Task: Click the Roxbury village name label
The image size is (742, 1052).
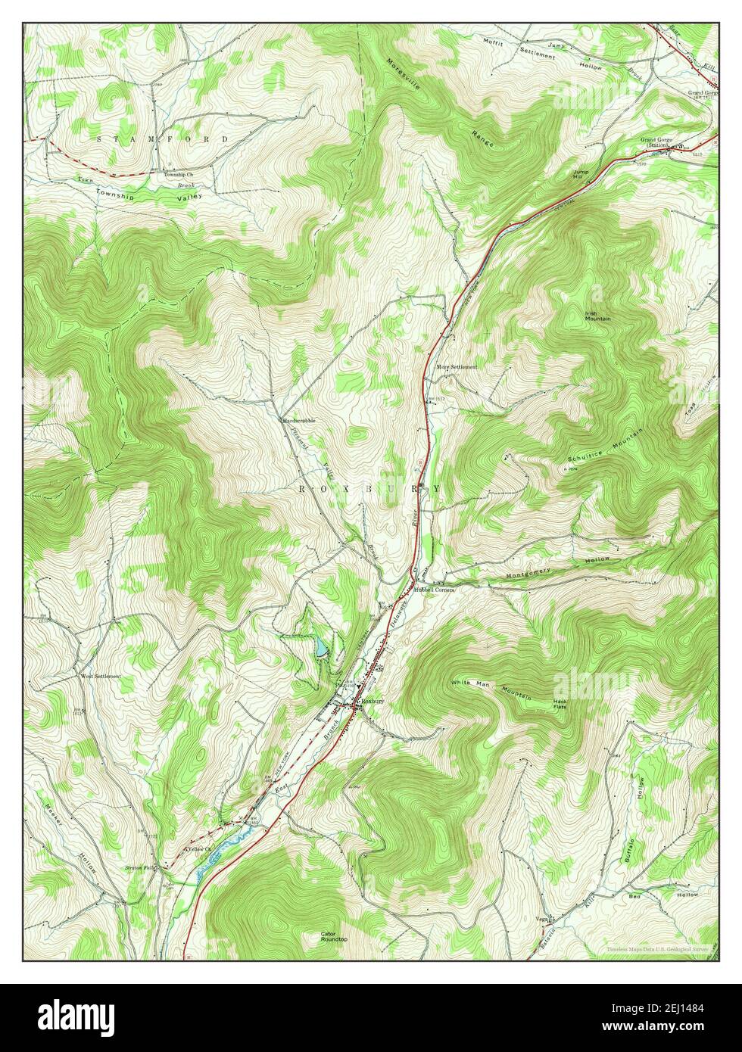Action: pos(373,702)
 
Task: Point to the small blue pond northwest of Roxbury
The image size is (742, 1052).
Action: pos(323,648)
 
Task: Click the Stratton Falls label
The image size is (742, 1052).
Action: pos(139,869)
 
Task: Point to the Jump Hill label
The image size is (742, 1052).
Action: pos(581,174)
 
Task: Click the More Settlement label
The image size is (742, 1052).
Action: pos(457,366)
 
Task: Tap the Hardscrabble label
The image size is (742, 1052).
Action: pos(300,419)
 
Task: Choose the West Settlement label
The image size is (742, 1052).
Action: pos(101,676)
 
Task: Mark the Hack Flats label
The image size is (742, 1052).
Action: pos(560,704)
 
